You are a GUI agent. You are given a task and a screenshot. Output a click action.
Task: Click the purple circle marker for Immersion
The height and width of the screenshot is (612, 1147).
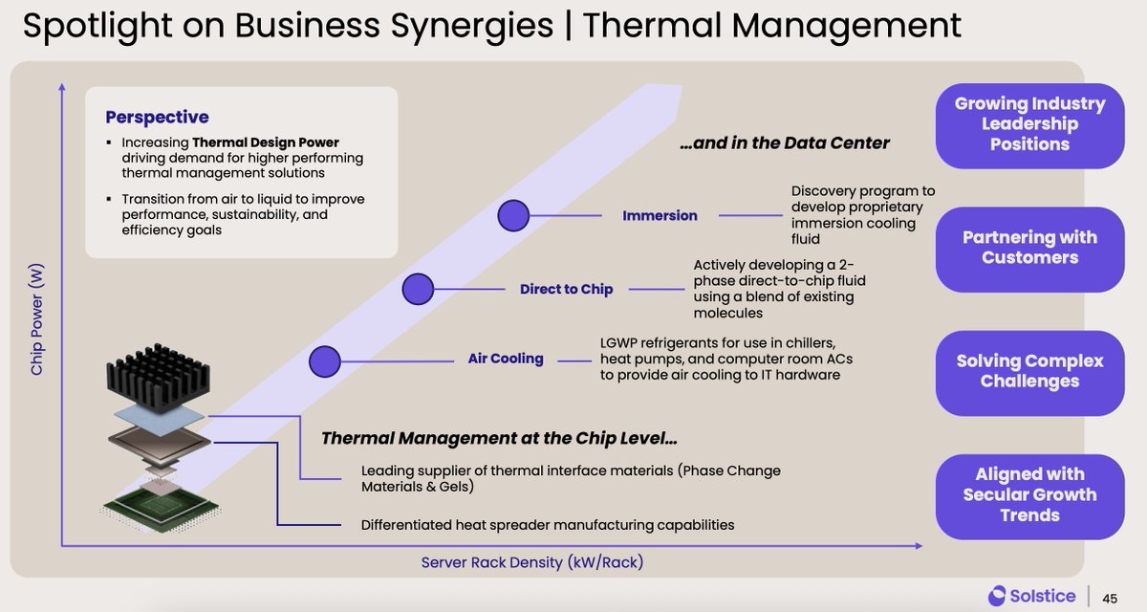(513, 215)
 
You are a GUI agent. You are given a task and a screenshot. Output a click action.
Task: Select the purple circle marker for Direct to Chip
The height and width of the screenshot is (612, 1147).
(418, 289)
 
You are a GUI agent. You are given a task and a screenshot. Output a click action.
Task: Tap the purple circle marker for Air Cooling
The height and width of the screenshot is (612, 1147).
(325, 361)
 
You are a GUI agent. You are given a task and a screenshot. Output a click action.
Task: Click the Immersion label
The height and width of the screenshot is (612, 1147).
(660, 215)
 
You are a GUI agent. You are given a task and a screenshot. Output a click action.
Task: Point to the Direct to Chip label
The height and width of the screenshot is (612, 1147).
(566, 289)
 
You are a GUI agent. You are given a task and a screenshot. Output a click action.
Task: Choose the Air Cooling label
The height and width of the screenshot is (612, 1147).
(506, 359)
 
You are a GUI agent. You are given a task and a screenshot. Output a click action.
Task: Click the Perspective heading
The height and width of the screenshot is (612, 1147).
(157, 117)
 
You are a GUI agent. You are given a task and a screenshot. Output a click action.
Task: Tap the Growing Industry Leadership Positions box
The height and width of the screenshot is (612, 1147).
(1029, 124)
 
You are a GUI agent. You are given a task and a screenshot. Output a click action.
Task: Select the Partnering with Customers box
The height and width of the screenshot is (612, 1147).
(1029, 248)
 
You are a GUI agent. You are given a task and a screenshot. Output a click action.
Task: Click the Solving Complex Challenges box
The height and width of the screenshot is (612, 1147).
(1029, 372)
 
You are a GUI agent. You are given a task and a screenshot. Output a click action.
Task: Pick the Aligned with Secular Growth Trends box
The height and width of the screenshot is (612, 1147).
(1029, 495)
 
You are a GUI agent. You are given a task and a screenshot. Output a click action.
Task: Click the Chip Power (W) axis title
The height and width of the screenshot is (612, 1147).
(37, 319)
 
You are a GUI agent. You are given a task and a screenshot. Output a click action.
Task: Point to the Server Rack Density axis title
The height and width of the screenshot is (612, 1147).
(532, 562)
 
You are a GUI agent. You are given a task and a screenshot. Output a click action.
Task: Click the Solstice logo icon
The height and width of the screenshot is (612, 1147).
(998, 596)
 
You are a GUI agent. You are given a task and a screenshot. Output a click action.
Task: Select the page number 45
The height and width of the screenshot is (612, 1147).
(1110, 598)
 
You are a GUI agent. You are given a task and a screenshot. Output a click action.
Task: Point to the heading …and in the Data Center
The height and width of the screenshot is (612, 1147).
(784, 143)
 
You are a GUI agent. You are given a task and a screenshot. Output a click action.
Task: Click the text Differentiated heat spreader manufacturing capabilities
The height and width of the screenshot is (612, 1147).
(548, 524)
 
